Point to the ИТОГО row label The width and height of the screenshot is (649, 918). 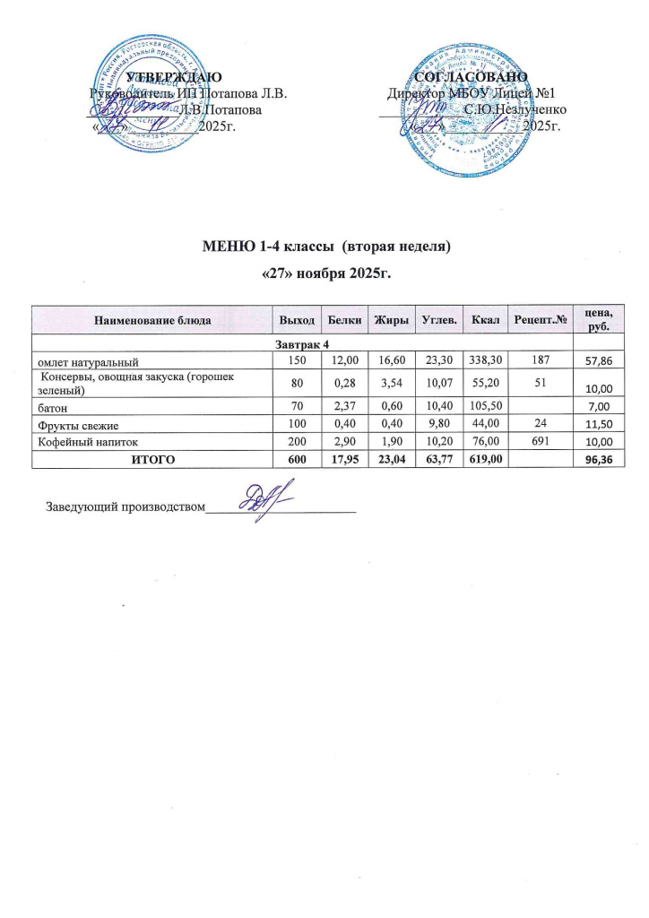[150, 458]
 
